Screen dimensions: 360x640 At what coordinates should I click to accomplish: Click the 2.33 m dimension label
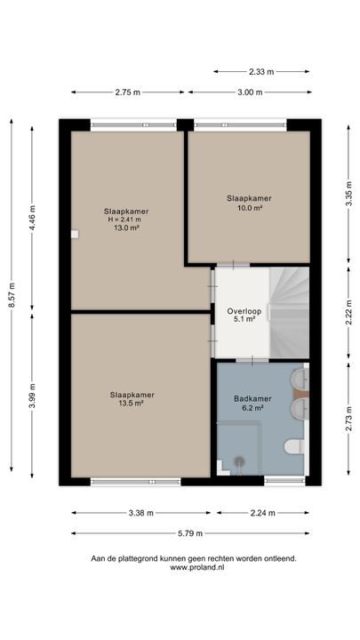(x=261, y=72)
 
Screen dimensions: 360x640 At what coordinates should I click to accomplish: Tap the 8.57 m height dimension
(x=12, y=295)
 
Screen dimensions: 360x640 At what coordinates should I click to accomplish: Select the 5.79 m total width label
(x=190, y=533)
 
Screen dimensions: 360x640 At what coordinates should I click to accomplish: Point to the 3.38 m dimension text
(x=140, y=513)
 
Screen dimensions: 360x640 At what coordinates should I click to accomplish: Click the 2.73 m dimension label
(x=348, y=419)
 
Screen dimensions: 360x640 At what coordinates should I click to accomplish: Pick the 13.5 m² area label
(x=132, y=404)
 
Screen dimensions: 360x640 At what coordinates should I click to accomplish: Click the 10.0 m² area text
(x=249, y=207)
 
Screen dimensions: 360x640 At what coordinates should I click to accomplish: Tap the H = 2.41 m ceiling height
(x=125, y=220)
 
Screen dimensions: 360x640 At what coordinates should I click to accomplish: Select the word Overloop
(x=244, y=312)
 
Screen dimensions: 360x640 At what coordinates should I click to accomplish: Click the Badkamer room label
(x=252, y=399)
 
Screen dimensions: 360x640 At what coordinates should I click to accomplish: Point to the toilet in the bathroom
(x=294, y=446)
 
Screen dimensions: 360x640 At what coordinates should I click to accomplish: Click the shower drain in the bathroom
(x=239, y=461)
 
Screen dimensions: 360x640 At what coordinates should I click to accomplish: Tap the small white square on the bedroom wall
(x=75, y=235)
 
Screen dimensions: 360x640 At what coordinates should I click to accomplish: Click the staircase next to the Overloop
(x=289, y=312)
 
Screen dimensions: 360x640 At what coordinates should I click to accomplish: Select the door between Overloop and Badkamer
(x=252, y=360)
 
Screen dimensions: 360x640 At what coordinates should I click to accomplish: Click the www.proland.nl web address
(x=196, y=567)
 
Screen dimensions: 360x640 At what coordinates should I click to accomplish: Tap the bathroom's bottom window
(x=284, y=481)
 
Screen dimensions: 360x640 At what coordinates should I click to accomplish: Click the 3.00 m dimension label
(x=250, y=92)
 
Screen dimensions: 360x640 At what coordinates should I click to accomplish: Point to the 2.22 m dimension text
(x=348, y=312)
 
